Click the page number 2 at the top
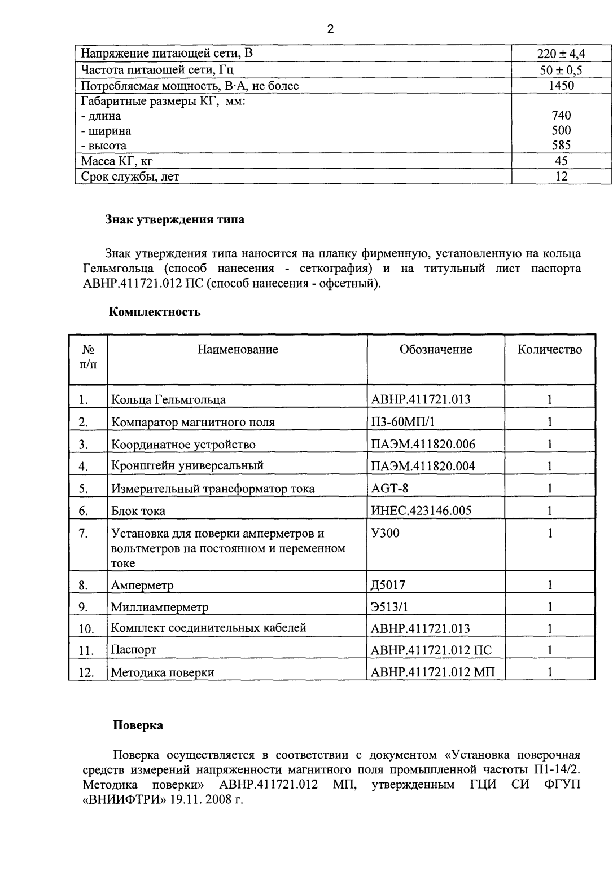pos(331,30)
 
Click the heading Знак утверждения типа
pos(175,220)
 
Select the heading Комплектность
pos(154,312)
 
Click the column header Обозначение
pos(435,350)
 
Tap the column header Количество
pos(549,350)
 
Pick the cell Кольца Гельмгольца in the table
pos(168,400)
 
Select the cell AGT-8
pos(389,489)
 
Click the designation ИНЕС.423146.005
pos(421,511)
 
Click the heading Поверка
pos(138,725)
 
